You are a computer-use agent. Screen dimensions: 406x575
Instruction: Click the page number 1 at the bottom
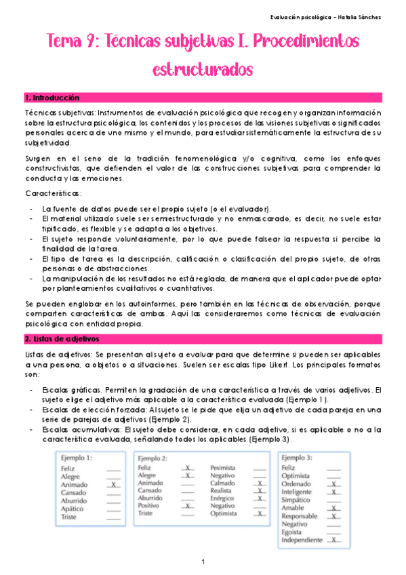pos(203,562)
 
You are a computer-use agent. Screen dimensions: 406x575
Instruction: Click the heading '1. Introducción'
pos(52,98)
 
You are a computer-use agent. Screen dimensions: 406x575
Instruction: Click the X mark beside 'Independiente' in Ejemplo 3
pos(334,540)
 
